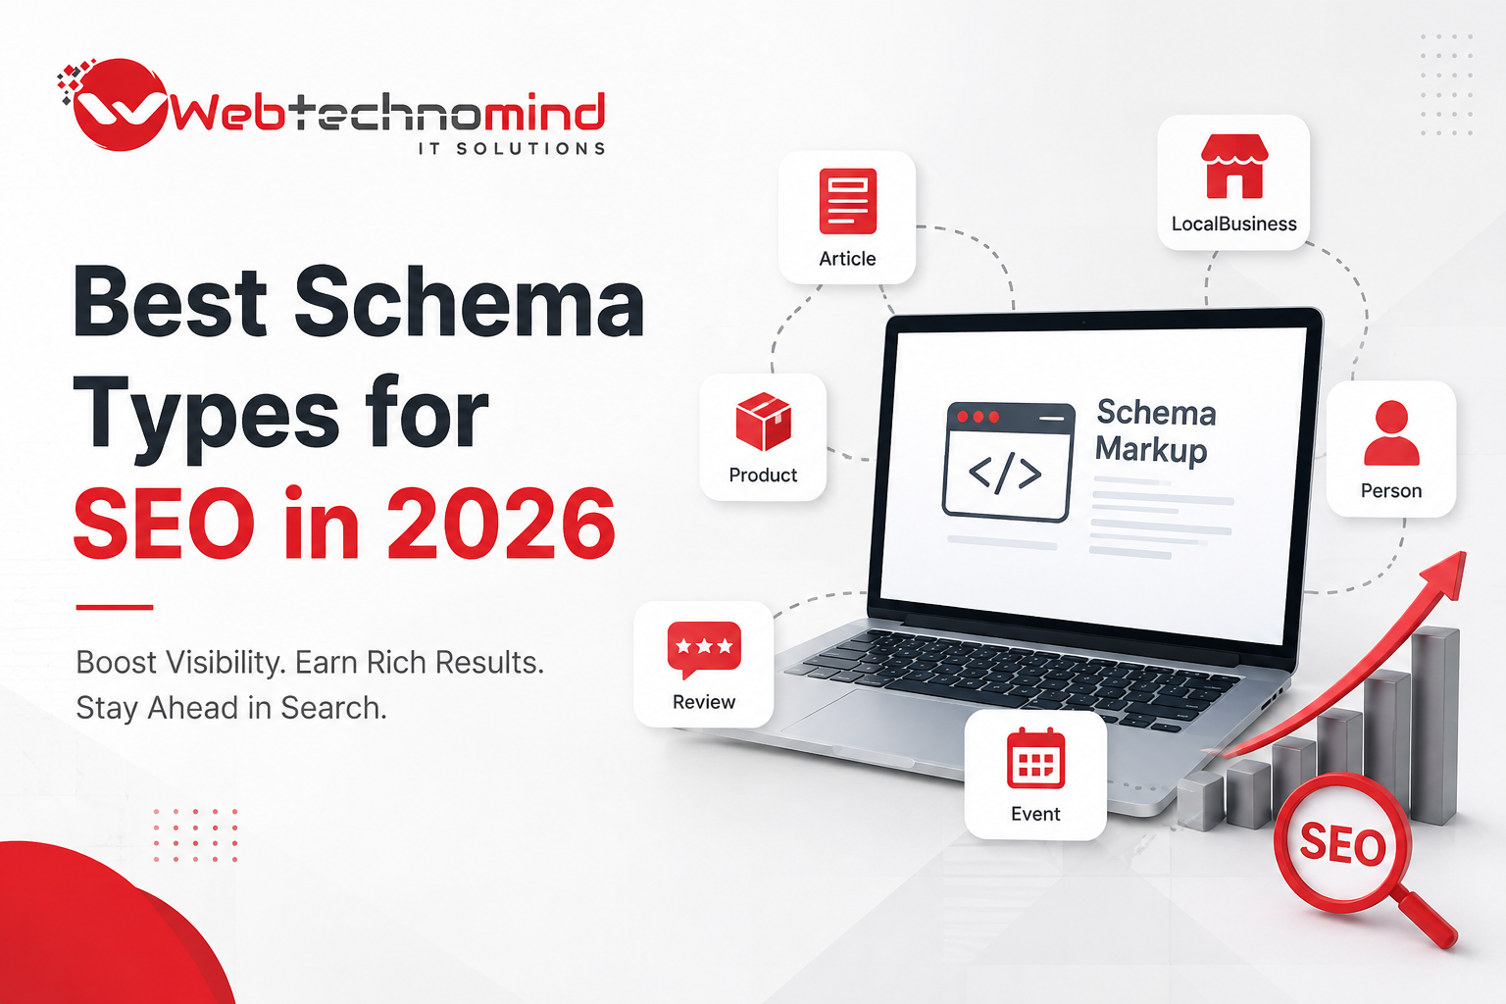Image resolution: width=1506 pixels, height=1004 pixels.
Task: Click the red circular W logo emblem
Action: pos(120,104)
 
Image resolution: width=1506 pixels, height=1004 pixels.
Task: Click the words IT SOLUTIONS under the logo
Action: pos(512,148)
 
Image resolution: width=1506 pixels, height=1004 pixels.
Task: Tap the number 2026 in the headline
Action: pos(501,523)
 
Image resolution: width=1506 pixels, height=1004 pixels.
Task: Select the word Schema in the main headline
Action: pos(470,301)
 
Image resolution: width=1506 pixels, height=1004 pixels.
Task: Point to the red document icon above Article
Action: pos(848,201)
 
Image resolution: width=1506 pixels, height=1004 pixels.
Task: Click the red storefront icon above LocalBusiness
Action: pos(1233,166)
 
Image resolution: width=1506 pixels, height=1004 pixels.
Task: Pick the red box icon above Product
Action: pos(763,422)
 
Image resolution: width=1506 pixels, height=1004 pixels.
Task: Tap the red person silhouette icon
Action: pos(1391,433)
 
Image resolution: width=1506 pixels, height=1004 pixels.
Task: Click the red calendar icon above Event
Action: pos(1035,758)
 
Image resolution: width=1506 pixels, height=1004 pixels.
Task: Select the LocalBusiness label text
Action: pos(1233,224)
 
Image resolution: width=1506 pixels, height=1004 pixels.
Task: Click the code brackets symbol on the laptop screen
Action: pos(1005,473)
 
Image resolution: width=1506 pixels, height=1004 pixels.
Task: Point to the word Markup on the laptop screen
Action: pos(1151,449)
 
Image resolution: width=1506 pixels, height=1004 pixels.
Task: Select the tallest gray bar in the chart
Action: pos(1434,727)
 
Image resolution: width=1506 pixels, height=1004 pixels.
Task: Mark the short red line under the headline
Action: pos(115,607)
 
